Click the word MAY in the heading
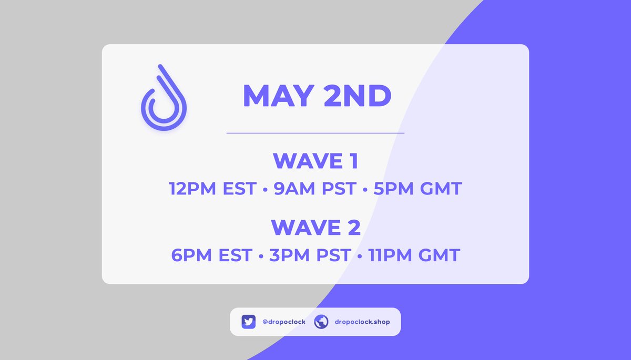(277, 97)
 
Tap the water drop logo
(164, 98)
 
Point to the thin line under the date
(315, 133)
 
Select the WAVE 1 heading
(315, 161)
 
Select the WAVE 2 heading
(315, 228)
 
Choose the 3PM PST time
(309, 255)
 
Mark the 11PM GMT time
(413, 255)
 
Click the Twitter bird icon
(249, 322)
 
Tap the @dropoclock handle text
(283, 322)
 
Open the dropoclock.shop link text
(362, 322)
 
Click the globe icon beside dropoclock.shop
(321, 322)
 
